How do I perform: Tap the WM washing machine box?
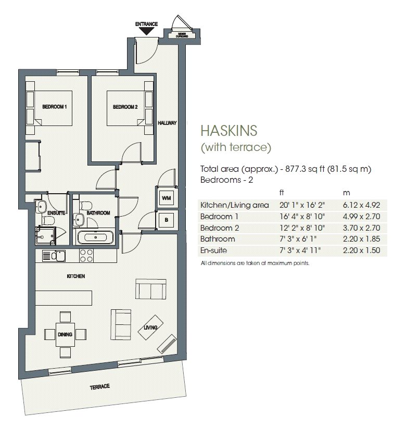[x=166, y=198]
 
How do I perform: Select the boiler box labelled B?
[x=166, y=220]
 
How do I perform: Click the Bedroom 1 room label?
[x=55, y=107]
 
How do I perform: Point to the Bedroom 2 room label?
[x=125, y=107]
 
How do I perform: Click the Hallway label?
[x=167, y=123]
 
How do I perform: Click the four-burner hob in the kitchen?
[x=86, y=256]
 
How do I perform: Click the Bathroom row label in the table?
[x=217, y=239]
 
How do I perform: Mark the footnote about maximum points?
[x=255, y=263]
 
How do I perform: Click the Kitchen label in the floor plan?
[x=75, y=276]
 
